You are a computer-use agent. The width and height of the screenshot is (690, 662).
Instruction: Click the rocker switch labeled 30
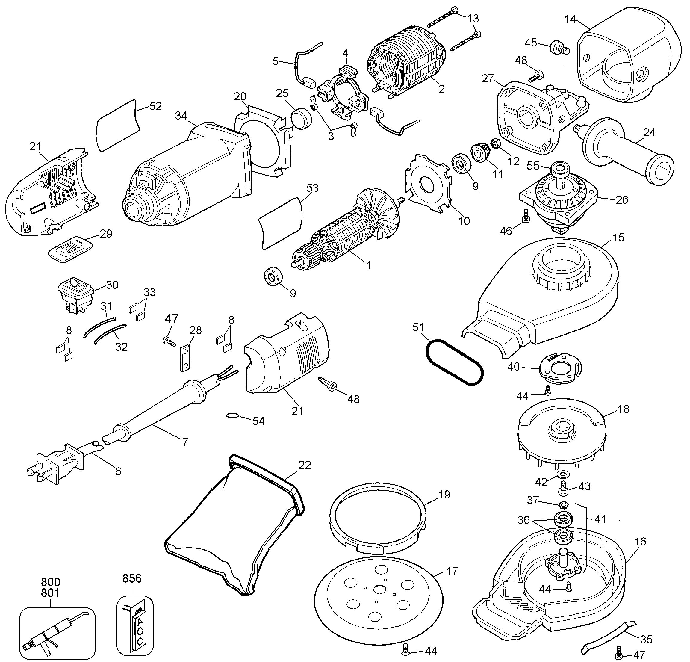coord(76,294)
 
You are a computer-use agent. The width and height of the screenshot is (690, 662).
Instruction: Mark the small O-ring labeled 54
coord(231,416)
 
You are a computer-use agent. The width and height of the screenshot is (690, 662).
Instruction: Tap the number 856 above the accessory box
coord(132,578)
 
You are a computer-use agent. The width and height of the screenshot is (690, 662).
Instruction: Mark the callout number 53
coord(312,188)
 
